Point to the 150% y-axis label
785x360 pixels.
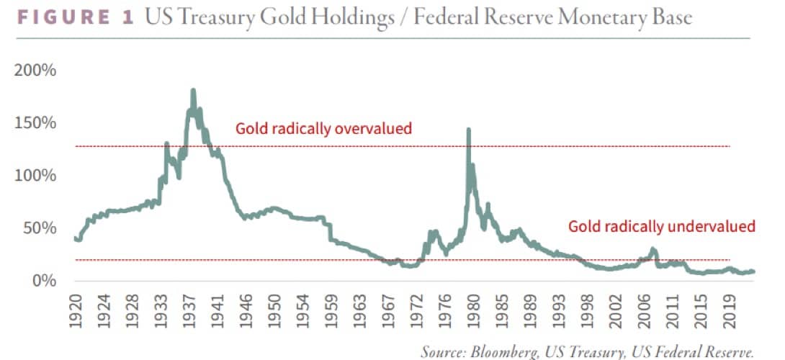(x=34, y=123)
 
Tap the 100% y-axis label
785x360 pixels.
(x=34, y=176)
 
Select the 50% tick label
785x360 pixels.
(x=37, y=228)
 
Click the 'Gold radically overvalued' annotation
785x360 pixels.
(x=323, y=129)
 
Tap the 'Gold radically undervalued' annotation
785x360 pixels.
(x=662, y=226)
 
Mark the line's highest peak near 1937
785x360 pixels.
(x=193, y=91)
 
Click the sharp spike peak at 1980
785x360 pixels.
(x=469, y=130)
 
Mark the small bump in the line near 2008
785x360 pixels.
(x=653, y=250)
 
